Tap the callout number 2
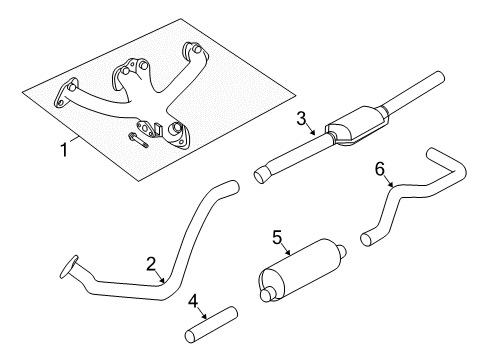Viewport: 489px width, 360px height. pos(150,264)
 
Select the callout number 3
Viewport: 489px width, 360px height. pos(301,120)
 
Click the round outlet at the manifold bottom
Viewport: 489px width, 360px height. pos(175,132)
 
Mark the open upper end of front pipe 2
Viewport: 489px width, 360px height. pos(231,186)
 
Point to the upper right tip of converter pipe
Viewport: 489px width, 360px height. pos(437,76)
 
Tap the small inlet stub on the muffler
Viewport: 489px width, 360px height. pos(265,293)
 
